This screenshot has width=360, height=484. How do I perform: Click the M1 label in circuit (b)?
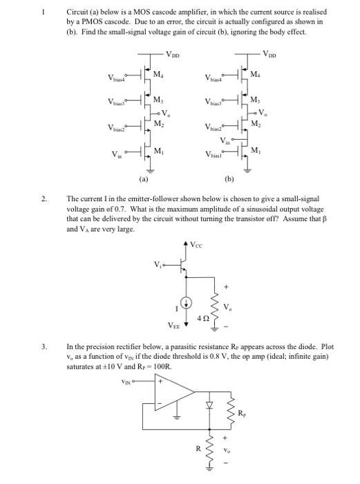tap(257, 151)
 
